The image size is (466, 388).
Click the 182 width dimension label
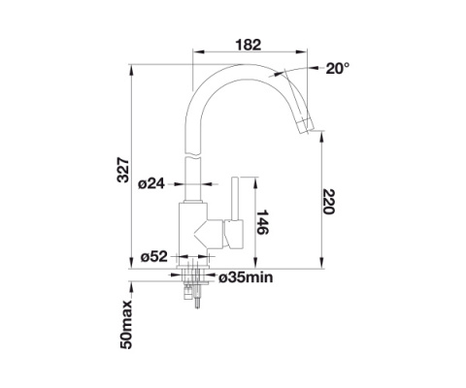248,45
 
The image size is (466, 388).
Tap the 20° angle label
338,68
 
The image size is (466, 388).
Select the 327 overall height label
123,170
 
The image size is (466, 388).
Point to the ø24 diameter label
151,184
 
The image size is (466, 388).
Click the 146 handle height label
262,222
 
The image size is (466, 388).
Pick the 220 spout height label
328,202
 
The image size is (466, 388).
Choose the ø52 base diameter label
154,257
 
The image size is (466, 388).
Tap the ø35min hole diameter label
246,277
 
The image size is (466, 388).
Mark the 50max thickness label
126,324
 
